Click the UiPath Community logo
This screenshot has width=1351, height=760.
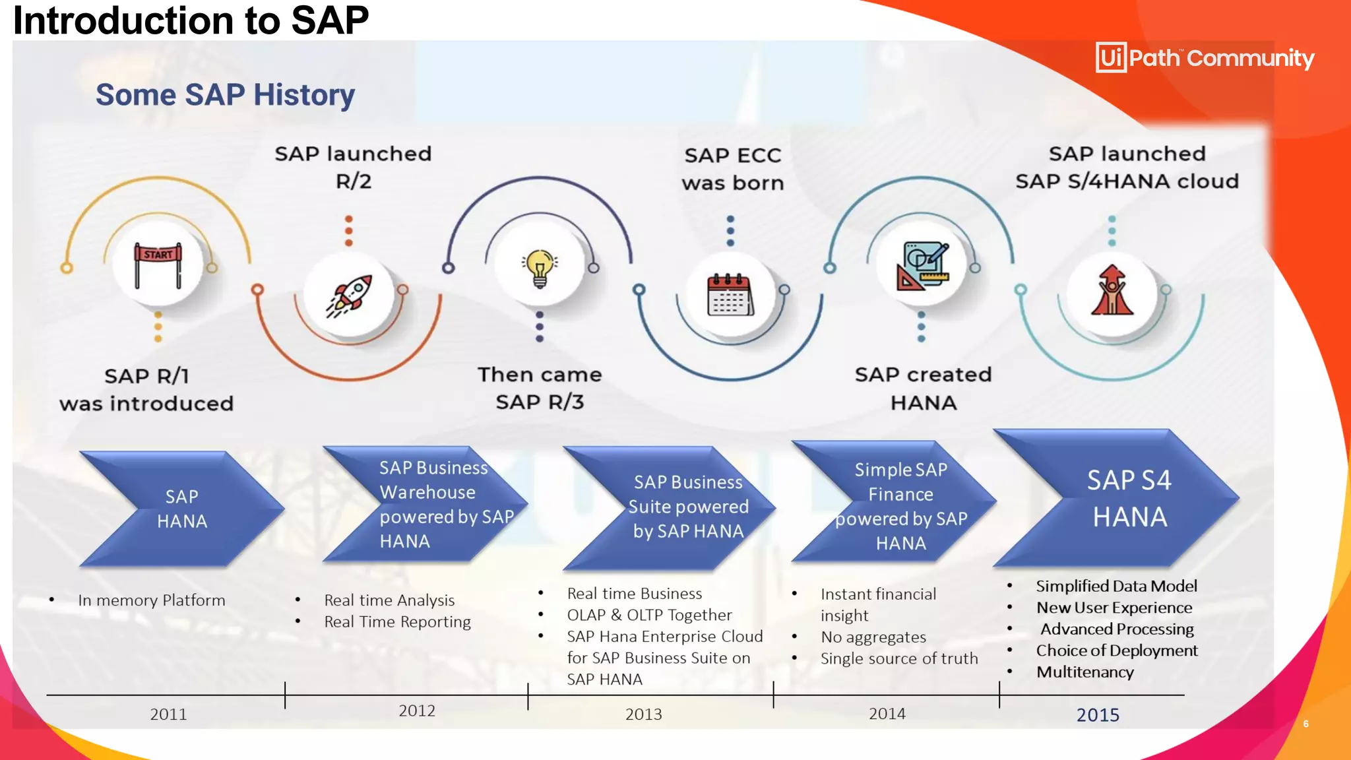click(x=1205, y=58)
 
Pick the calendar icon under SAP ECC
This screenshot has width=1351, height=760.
click(x=730, y=295)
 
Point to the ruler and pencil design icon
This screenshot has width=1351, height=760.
click(x=922, y=266)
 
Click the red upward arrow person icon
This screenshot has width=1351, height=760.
click(x=1112, y=290)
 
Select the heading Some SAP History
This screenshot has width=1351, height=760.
click(x=225, y=95)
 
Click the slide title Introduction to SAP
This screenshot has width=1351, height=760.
click(x=191, y=20)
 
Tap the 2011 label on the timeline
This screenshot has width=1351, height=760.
click(x=168, y=714)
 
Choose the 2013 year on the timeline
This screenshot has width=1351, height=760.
click(x=643, y=714)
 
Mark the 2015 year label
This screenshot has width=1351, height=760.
click(x=1098, y=714)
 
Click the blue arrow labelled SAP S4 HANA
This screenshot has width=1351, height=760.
click(x=1121, y=499)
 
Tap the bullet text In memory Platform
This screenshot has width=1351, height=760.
click(x=152, y=600)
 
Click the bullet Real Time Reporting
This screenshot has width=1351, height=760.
click(x=397, y=622)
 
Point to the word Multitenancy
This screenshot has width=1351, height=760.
click(x=1084, y=672)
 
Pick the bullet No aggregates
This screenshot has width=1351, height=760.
click(x=873, y=637)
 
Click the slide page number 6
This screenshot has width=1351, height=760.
click(x=1305, y=724)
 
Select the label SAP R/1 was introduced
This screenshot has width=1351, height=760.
click(x=146, y=389)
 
